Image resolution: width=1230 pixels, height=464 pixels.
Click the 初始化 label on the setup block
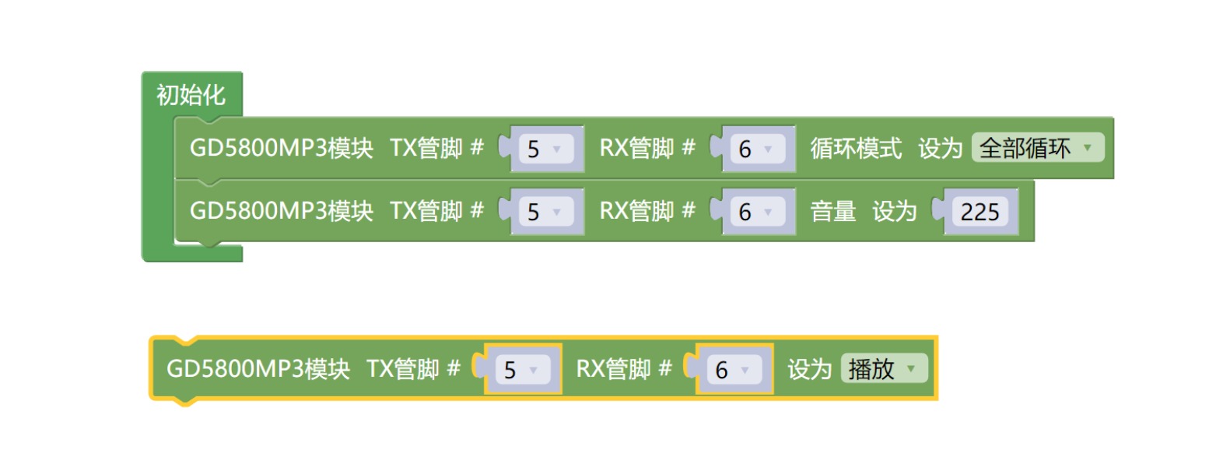tap(191, 95)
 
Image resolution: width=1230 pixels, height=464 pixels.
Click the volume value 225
tap(979, 212)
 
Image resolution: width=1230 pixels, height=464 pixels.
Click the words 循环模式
tap(856, 148)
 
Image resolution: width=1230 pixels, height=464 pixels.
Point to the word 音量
tap(832, 211)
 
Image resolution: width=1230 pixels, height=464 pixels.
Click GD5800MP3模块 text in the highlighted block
tap(258, 369)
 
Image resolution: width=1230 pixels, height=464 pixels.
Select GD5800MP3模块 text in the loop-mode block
tap(281, 148)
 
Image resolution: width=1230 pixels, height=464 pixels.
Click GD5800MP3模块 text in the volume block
tap(281, 211)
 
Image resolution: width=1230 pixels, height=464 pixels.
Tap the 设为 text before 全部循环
tap(940, 148)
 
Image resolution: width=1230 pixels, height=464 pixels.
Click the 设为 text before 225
tap(894, 211)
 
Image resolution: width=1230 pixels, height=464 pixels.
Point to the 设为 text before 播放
tap(809, 369)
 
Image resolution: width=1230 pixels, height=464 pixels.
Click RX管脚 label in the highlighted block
tap(613, 369)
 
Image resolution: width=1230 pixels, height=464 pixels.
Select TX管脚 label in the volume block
tap(426, 211)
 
